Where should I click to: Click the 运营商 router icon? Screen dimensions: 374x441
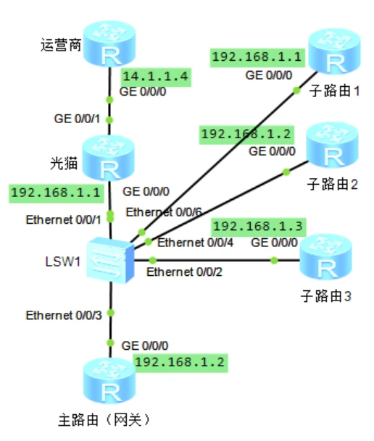click(x=109, y=43)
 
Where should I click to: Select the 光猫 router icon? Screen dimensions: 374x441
click(x=108, y=158)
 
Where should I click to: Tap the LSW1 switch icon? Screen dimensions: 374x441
click(x=110, y=260)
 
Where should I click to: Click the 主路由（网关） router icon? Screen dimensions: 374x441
click(x=109, y=380)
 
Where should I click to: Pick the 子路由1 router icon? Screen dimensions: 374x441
click(x=334, y=51)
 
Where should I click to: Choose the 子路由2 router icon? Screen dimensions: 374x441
click(x=332, y=145)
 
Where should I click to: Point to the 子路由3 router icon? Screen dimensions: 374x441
click(x=325, y=257)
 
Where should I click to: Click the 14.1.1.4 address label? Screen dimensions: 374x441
click(x=156, y=77)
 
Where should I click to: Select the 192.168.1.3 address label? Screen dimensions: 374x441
click(x=258, y=227)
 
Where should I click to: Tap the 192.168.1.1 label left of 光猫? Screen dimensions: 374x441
click(x=56, y=193)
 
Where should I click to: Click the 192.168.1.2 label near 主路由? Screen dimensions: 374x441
click(x=180, y=363)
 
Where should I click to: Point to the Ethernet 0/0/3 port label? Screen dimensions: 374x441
click(x=64, y=315)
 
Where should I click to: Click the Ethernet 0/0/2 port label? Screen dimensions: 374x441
click(x=184, y=272)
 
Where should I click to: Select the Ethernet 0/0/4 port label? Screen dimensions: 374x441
click(x=195, y=243)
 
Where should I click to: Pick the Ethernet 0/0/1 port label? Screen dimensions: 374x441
click(x=63, y=219)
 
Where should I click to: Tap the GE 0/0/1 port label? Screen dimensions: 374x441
click(x=77, y=119)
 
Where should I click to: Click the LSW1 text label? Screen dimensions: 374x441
click(x=63, y=261)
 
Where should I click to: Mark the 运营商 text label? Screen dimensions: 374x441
click(x=61, y=46)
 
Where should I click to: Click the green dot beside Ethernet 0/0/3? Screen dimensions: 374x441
click(x=111, y=313)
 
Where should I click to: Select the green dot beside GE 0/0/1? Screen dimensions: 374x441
click(x=109, y=120)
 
